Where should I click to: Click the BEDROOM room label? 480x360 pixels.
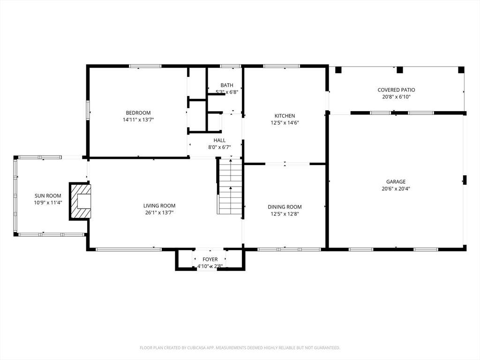tap(138, 113)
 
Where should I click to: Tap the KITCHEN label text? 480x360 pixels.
tap(285, 116)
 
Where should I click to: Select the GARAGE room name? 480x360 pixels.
tap(396, 182)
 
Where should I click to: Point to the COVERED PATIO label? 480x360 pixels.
tap(397, 90)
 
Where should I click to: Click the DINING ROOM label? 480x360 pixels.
tap(285, 207)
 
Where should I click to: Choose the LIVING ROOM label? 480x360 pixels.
tap(159, 206)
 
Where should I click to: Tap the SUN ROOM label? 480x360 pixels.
tap(48, 196)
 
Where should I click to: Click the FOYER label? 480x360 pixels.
tap(210, 260)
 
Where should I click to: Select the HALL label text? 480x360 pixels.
tap(219, 141)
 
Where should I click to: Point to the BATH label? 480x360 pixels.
tap(227, 85)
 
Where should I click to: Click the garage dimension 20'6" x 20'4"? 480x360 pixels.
tap(396, 189)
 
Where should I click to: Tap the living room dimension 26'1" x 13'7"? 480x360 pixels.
tap(159, 213)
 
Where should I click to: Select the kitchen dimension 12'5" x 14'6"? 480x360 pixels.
tap(285, 123)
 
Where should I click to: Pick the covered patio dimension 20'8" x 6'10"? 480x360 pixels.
tap(397, 97)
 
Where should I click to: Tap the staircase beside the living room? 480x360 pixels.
tap(230, 186)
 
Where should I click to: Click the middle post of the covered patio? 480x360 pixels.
tap(399, 70)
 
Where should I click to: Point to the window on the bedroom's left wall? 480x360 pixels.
tap(88, 110)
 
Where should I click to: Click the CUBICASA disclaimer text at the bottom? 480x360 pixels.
tap(240, 348)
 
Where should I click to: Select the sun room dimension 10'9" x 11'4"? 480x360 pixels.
tap(48, 202)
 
